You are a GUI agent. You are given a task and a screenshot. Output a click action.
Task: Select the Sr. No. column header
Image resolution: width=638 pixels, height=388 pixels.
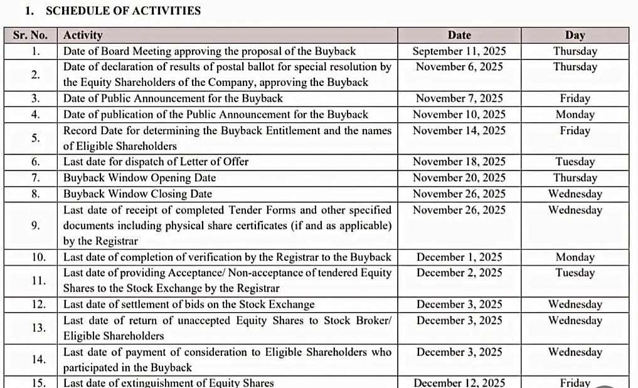coord(29,36)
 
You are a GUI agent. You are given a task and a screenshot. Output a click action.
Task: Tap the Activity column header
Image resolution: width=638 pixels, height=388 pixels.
coord(83,36)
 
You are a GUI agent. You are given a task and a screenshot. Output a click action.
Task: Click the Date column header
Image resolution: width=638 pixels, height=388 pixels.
coord(459,36)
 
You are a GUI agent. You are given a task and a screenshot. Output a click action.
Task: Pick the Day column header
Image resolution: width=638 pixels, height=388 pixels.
coord(575,36)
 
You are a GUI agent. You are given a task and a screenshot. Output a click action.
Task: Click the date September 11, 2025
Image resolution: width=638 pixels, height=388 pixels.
coord(459,51)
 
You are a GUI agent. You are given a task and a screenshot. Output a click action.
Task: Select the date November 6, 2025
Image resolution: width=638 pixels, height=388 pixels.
coord(459,67)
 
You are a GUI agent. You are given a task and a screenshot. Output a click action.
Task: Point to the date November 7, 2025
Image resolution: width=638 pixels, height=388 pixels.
coord(459,98)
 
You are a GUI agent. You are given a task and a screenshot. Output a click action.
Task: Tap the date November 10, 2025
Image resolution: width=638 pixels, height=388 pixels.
coord(459,115)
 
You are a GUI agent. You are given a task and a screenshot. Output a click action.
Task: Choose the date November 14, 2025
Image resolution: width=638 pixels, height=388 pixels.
coord(459,131)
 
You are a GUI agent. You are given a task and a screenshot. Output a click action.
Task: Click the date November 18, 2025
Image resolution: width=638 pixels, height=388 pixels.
coord(459,162)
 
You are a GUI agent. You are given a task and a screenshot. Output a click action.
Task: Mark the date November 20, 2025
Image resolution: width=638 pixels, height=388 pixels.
coord(459,178)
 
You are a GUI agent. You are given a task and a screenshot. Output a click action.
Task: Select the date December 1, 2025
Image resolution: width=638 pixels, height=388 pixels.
coord(459,257)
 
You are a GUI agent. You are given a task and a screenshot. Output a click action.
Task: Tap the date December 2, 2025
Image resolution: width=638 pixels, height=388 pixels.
coord(459,273)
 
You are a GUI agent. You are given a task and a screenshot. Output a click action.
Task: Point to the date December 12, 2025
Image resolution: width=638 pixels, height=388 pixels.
coord(459,382)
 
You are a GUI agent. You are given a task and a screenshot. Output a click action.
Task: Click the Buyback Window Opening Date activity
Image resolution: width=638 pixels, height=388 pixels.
coord(139,178)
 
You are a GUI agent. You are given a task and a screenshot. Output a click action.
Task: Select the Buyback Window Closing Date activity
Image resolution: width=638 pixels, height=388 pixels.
coord(137,194)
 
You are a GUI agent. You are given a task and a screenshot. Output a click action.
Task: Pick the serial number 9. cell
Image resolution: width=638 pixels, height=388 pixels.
coord(36,226)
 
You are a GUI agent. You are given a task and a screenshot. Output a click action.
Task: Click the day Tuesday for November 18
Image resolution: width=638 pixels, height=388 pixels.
coord(575,162)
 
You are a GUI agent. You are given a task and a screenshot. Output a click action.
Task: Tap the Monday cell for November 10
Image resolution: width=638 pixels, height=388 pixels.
coord(575,115)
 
